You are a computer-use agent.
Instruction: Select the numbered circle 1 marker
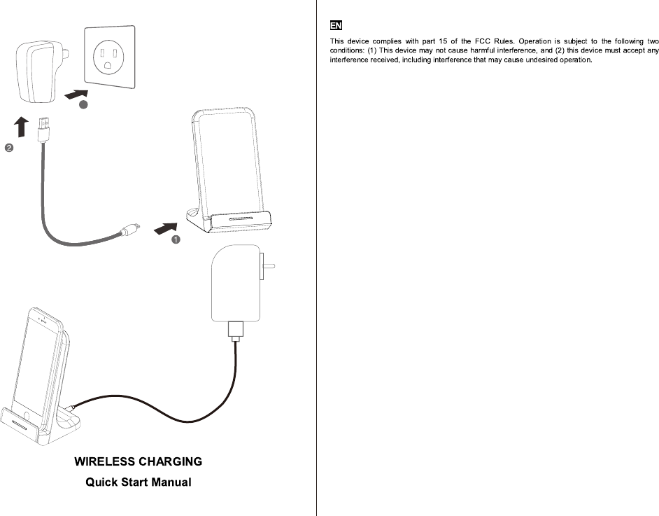[x=176, y=239]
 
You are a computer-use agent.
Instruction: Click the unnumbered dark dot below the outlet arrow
[x=83, y=104]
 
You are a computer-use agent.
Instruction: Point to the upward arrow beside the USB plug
[x=22, y=127]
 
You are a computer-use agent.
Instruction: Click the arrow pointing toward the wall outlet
[x=76, y=94]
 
